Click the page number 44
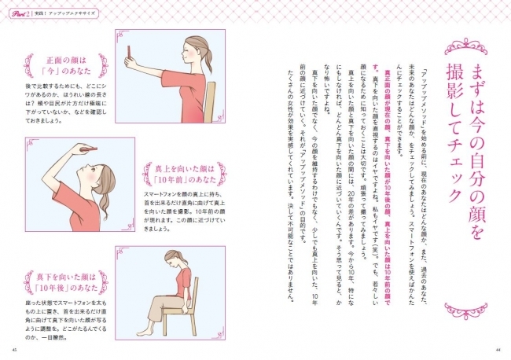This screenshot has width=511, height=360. (x=498, y=351)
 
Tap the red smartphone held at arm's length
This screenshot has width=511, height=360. (x=128, y=53)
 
